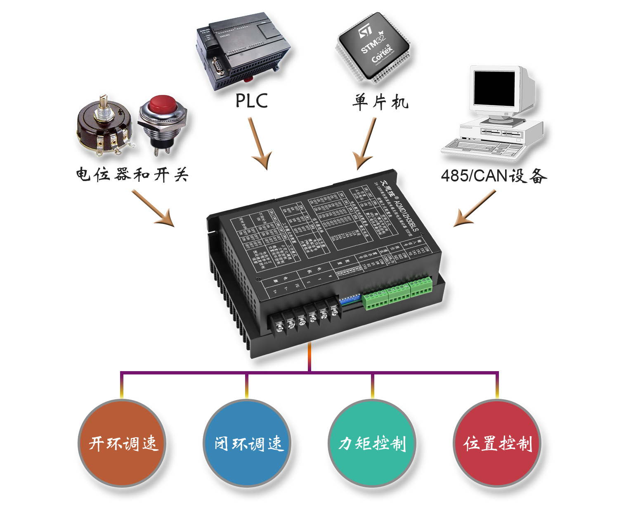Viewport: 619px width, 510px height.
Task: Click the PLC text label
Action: pyautogui.click(x=251, y=100)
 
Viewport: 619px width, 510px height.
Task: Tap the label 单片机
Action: pyautogui.click(x=380, y=101)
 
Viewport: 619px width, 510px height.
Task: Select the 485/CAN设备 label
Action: pyautogui.click(x=494, y=176)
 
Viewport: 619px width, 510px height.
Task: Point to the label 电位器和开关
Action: pyautogui.click(x=132, y=174)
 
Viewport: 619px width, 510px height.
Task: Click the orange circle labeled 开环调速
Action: pyautogui.click(x=122, y=443)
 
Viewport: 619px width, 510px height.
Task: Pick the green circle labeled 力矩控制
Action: pyautogui.click(x=372, y=443)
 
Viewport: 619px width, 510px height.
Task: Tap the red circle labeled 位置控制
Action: pyautogui.click(x=497, y=443)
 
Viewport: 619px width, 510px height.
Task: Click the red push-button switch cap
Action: pyautogui.click(x=162, y=105)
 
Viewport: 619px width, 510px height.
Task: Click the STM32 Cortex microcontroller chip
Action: pyautogui.click(x=373, y=46)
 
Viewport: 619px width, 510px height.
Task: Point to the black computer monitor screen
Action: pyautogui.click(x=494, y=87)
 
